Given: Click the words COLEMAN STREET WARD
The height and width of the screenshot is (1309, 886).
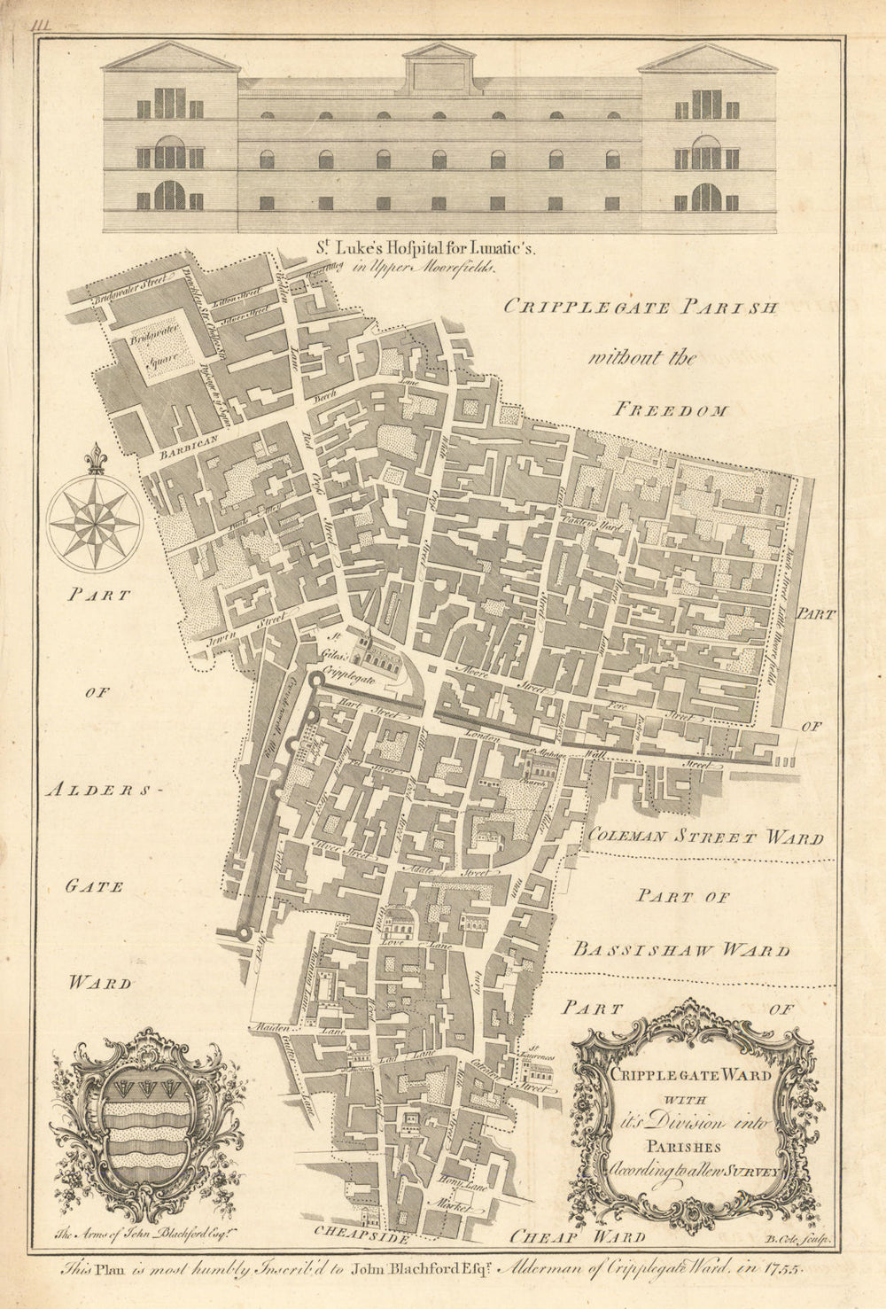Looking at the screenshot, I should pyautogui.click(x=704, y=836).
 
